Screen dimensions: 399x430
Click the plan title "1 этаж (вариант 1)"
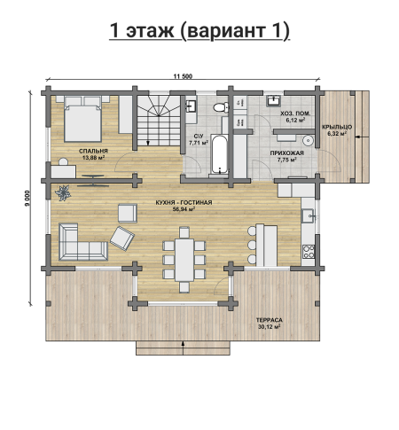[199, 31]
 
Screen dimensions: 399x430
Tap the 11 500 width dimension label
[183, 76]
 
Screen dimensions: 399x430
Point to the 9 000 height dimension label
[27, 198]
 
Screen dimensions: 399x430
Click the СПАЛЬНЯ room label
[93, 151]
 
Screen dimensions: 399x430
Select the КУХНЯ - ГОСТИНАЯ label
[184, 203]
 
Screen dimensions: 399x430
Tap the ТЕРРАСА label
[269, 320]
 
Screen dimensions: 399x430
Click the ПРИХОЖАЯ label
[286, 153]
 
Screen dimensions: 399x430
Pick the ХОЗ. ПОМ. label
[295, 113]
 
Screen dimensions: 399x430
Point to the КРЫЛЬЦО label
[337, 127]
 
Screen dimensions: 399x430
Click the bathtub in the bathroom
[220, 154]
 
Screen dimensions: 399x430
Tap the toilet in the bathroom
[221, 106]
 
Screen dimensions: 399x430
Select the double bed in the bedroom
[82, 119]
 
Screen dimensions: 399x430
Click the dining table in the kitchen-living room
[184, 260]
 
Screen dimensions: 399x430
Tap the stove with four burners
[309, 252]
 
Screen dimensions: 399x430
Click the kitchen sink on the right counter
[308, 215]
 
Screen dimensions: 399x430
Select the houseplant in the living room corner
[63, 193]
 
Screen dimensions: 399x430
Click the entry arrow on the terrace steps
[184, 348]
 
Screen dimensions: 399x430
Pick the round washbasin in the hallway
[309, 140]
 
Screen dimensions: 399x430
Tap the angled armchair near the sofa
[122, 238]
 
